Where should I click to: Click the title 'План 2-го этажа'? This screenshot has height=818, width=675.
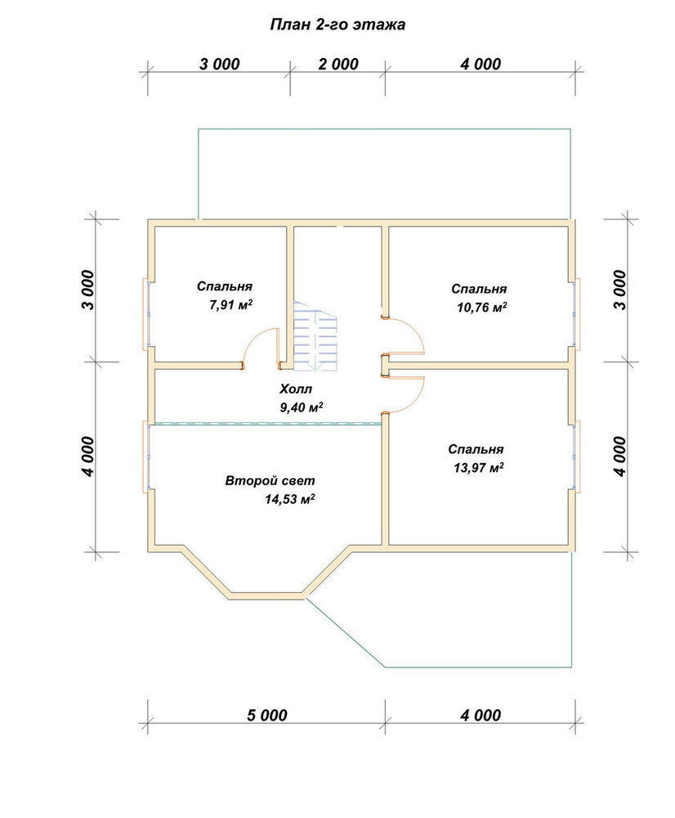click(x=337, y=25)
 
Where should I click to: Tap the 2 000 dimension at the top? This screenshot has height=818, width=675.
click(x=338, y=64)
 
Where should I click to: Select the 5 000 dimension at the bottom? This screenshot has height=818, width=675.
click(x=267, y=715)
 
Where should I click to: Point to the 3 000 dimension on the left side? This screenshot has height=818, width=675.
click(x=88, y=290)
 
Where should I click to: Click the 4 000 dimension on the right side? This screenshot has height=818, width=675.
click(x=619, y=456)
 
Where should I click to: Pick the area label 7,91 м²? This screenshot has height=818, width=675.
click(x=231, y=305)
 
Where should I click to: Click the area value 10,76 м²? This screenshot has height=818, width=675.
click(x=482, y=308)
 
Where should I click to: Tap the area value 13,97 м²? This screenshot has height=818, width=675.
click(x=479, y=467)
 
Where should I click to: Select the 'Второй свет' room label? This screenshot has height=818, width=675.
click(x=270, y=480)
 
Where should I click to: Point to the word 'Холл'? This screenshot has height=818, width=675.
click(x=296, y=389)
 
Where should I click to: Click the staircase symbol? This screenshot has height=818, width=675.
click(x=316, y=336)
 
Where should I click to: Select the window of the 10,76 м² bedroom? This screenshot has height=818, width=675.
click(x=577, y=314)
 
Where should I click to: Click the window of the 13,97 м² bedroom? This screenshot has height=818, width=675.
click(x=577, y=457)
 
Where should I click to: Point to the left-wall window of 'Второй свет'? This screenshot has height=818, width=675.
click(x=146, y=457)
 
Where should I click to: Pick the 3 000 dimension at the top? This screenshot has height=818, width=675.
click(x=220, y=64)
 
